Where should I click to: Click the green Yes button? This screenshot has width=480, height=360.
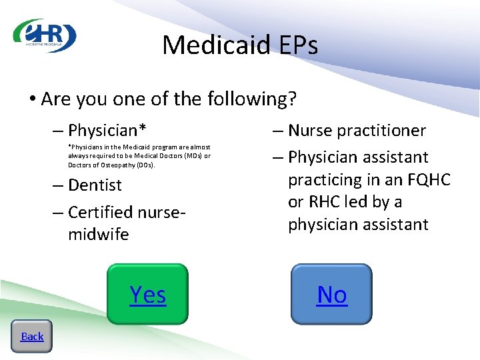(148, 294)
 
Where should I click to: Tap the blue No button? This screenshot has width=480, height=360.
(332, 294)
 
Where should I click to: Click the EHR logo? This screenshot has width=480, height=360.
(45, 36)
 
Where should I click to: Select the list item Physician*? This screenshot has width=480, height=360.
(107, 129)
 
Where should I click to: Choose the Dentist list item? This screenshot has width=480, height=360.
(95, 185)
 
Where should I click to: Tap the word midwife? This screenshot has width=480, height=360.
(98, 235)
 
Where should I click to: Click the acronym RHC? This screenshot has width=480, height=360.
(324, 202)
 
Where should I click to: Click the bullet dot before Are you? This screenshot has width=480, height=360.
(32, 100)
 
